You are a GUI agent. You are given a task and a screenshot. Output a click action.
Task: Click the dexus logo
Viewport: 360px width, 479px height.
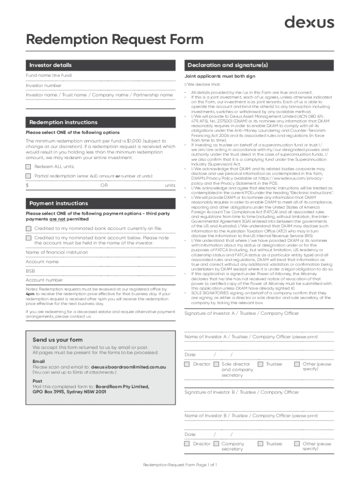[x=310, y=22]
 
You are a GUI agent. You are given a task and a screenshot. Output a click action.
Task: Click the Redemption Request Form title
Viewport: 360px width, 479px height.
[x=115, y=40]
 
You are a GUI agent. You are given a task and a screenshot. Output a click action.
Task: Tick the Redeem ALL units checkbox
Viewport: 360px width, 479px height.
[x=29, y=167]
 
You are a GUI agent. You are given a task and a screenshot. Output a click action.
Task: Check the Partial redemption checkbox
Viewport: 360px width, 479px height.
[x=29, y=176]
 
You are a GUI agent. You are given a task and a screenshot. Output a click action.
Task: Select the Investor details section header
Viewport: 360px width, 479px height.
[x=50, y=65]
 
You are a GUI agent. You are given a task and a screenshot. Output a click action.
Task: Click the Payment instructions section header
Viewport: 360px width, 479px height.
[x=58, y=203]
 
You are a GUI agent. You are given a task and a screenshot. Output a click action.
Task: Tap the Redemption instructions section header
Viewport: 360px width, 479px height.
[x=63, y=122]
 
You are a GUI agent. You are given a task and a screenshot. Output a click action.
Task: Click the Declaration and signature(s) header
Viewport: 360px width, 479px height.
[x=227, y=65]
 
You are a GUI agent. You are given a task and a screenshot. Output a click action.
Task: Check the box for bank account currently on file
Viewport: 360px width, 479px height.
[x=29, y=228]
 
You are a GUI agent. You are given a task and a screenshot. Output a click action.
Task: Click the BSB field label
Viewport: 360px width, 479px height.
[x=30, y=271]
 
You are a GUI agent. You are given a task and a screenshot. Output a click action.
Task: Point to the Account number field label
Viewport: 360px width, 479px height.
[x=44, y=280]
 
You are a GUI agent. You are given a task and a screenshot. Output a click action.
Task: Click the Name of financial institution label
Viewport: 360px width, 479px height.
[x=57, y=252]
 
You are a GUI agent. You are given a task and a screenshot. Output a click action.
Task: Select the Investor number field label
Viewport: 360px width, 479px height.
[x=43, y=86]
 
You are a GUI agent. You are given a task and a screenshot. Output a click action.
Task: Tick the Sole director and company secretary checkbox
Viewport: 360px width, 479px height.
[x=216, y=364]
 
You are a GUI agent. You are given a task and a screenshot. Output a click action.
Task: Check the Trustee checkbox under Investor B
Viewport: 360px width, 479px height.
[x=260, y=443]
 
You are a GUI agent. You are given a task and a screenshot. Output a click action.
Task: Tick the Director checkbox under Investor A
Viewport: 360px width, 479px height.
[x=187, y=364]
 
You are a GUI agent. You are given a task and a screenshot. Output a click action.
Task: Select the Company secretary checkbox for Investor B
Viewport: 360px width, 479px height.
[x=216, y=443]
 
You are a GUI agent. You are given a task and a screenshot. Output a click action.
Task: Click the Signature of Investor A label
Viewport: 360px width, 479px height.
[x=242, y=313]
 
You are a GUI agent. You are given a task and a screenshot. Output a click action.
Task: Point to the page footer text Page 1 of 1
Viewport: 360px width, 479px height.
[x=180, y=465]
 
